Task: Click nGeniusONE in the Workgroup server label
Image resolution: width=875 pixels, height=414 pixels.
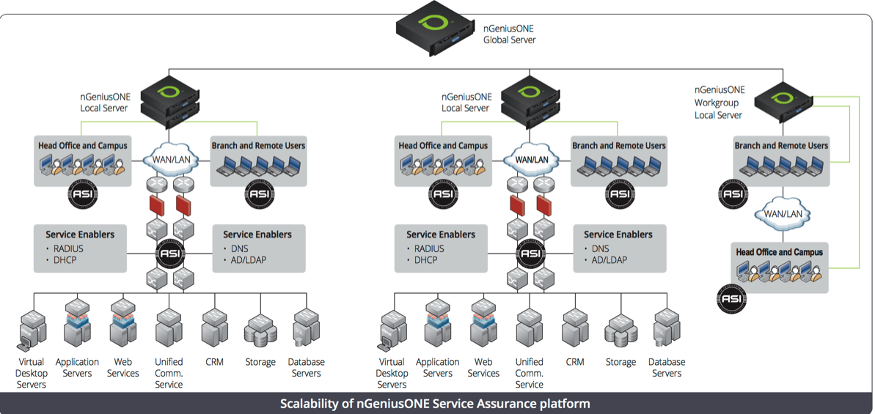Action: point(720,90)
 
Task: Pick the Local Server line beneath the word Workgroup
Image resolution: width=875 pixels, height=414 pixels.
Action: point(718,115)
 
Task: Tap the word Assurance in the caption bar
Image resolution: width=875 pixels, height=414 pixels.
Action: point(503,404)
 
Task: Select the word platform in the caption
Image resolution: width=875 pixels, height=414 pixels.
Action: point(566,404)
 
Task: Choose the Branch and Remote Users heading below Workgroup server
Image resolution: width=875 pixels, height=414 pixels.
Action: point(781,146)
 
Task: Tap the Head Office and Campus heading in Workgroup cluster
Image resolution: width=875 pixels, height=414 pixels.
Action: point(779,252)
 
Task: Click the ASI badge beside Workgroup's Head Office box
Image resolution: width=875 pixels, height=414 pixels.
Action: point(731,298)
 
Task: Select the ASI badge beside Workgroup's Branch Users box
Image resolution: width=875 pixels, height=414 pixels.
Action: point(732,193)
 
